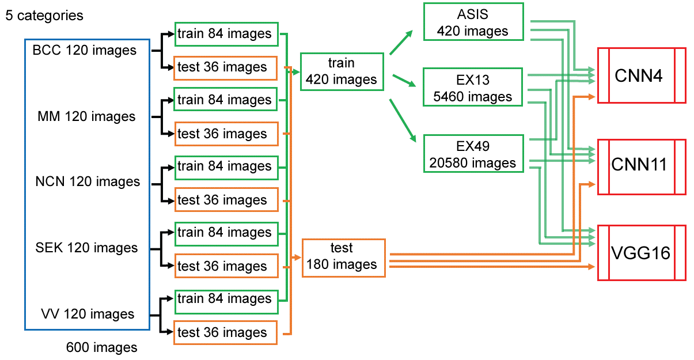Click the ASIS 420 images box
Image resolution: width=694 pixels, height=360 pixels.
click(473, 22)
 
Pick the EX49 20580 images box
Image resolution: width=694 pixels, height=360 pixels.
click(473, 153)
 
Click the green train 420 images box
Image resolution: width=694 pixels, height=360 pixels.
click(342, 71)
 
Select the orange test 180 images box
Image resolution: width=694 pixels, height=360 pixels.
click(343, 257)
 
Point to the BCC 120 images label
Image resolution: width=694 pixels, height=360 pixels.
click(85, 51)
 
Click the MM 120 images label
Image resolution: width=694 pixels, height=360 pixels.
click(86, 117)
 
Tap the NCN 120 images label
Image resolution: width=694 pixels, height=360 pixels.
click(88, 182)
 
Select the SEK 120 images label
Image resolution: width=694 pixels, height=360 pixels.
click(87, 248)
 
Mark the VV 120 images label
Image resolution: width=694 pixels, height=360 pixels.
click(88, 314)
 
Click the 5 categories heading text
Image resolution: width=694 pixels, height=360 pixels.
click(44, 16)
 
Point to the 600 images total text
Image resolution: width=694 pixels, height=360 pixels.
click(102, 347)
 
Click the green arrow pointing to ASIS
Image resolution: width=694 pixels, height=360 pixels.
click(401, 43)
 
